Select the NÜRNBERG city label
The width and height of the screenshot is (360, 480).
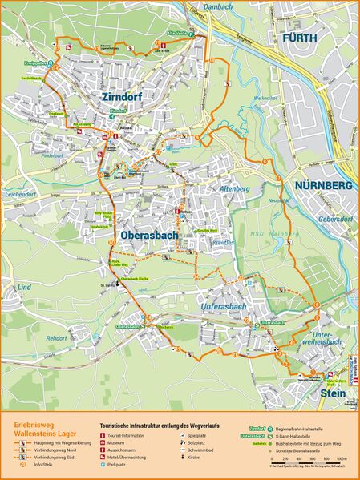pos(323,186)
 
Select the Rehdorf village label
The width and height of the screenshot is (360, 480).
pos(56,338)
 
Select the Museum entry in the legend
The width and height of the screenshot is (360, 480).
pos(117,442)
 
